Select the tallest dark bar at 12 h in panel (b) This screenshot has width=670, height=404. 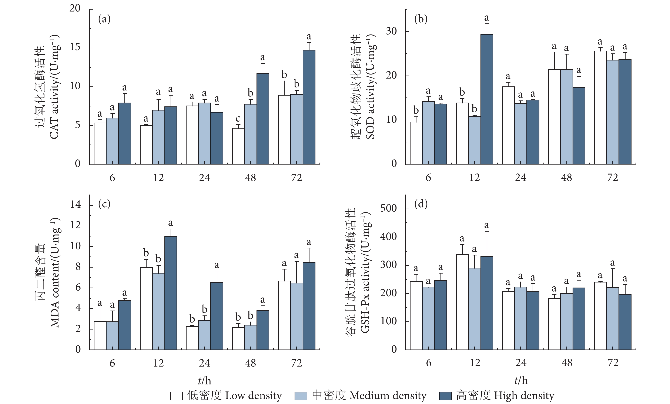pos(487,99)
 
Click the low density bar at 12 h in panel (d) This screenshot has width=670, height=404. pos(462,302)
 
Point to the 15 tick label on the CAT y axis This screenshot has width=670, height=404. pos(75,48)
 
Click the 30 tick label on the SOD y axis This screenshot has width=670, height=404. pos(391,32)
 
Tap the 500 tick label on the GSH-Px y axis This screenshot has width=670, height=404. pos(388,209)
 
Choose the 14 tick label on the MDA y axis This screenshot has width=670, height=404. pos(75,204)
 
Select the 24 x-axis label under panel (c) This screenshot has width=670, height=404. pos(204,363)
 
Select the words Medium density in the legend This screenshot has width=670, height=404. pos(388,395)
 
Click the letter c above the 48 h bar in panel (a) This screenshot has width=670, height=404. pos(238,119)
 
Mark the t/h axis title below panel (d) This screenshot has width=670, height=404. pos(521,380)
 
